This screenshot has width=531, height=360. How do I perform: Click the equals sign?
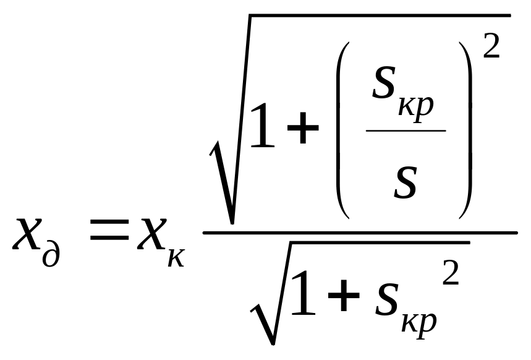click(109, 229)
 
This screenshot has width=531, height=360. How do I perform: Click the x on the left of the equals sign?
click(27, 234)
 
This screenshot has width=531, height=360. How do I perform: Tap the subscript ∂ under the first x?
click(51, 252)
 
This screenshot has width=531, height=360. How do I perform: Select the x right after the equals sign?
click(152, 234)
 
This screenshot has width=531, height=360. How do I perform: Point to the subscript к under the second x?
click(176, 258)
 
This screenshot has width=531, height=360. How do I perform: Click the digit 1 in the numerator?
click(262, 125)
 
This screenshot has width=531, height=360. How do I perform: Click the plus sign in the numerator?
click(303, 128)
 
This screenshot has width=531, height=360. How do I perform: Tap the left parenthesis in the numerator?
click(342, 130)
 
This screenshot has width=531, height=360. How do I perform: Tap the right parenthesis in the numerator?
click(465, 130)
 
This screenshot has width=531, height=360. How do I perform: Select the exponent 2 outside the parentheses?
click(491, 46)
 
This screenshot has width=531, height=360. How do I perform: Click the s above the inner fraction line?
click(384, 82)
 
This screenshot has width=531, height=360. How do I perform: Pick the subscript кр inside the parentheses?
click(416, 108)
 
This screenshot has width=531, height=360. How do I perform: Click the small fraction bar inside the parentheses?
click(406, 130)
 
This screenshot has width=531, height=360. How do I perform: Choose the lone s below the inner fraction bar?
click(405, 182)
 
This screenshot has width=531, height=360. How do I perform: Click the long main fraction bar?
click(360, 233)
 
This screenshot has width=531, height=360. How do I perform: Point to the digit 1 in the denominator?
click(303, 293)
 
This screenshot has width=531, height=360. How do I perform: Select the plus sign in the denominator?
click(344, 295)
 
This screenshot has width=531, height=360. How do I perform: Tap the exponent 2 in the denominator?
click(451, 273)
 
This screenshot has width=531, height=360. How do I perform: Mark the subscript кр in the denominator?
click(419, 324)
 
